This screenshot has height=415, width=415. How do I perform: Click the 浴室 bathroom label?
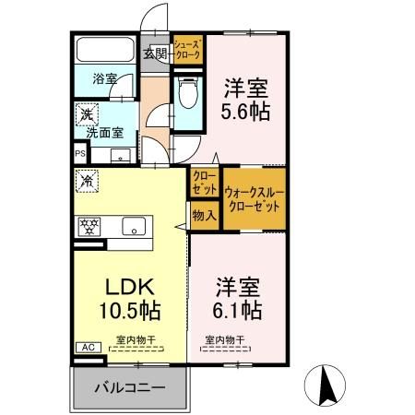point(105,80)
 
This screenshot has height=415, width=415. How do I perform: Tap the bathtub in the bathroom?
point(104,50)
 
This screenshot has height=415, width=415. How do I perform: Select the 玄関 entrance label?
point(155,53)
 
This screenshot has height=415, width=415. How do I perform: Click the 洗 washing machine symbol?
point(85,116)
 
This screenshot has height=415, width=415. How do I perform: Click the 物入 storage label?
point(204,216)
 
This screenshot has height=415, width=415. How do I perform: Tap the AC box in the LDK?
point(89,348)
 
